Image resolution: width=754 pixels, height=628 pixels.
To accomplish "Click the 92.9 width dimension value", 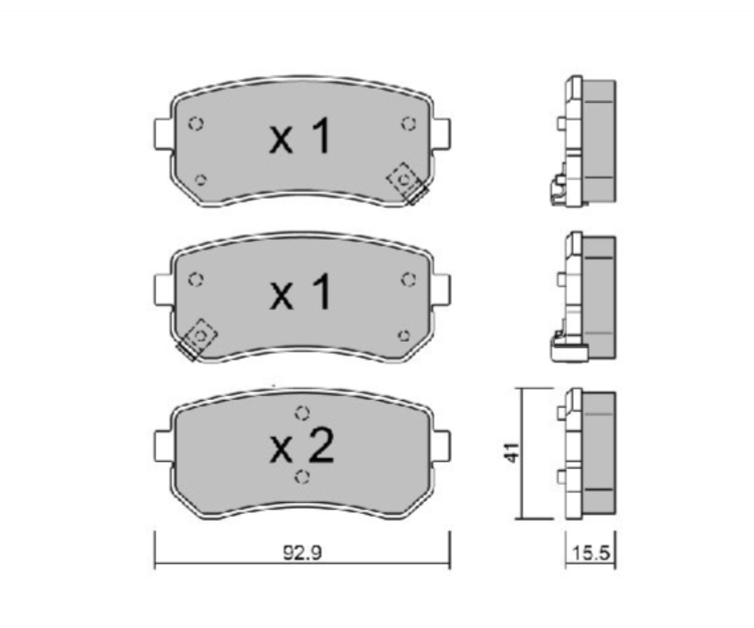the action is pyautogui.click(x=302, y=553).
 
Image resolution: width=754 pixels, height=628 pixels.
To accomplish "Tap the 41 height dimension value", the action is pyautogui.click(x=513, y=452).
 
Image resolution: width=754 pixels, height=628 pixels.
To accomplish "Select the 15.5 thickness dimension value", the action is pyautogui.click(x=591, y=553).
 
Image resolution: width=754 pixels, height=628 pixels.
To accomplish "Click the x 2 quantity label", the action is pyautogui.click(x=302, y=446).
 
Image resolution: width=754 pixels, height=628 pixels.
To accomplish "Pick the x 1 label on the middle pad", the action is pyautogui.click(x=301, y=292).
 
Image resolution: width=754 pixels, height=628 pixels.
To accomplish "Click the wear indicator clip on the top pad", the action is pyautogui.click(x=408, y=183).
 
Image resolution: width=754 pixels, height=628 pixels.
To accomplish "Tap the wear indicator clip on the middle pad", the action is pyautogui.click(x=198, y=339).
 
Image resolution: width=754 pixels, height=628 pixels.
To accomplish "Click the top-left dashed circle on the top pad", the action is pyautogui.click(x=195, y=123).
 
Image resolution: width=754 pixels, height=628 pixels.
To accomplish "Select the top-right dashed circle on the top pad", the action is pyautogui.click(x=409, y=123).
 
